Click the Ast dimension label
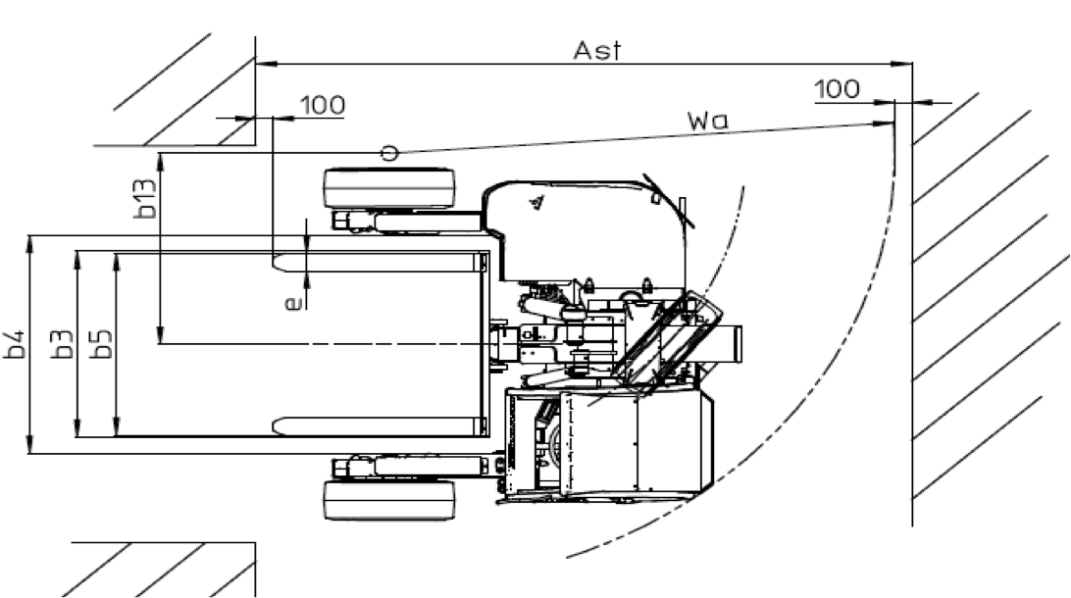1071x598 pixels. (x=597, y=51)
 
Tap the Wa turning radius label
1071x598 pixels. (x=708, y=121)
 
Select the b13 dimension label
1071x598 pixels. (x=145, y=199)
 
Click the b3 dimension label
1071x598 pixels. (x=63, y=344)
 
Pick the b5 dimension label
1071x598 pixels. (x=102, y=344)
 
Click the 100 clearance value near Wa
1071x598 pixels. (x=838, y=89)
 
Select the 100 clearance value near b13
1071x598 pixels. (x=323, y=105)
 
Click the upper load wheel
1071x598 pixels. (x=389, y=187)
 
